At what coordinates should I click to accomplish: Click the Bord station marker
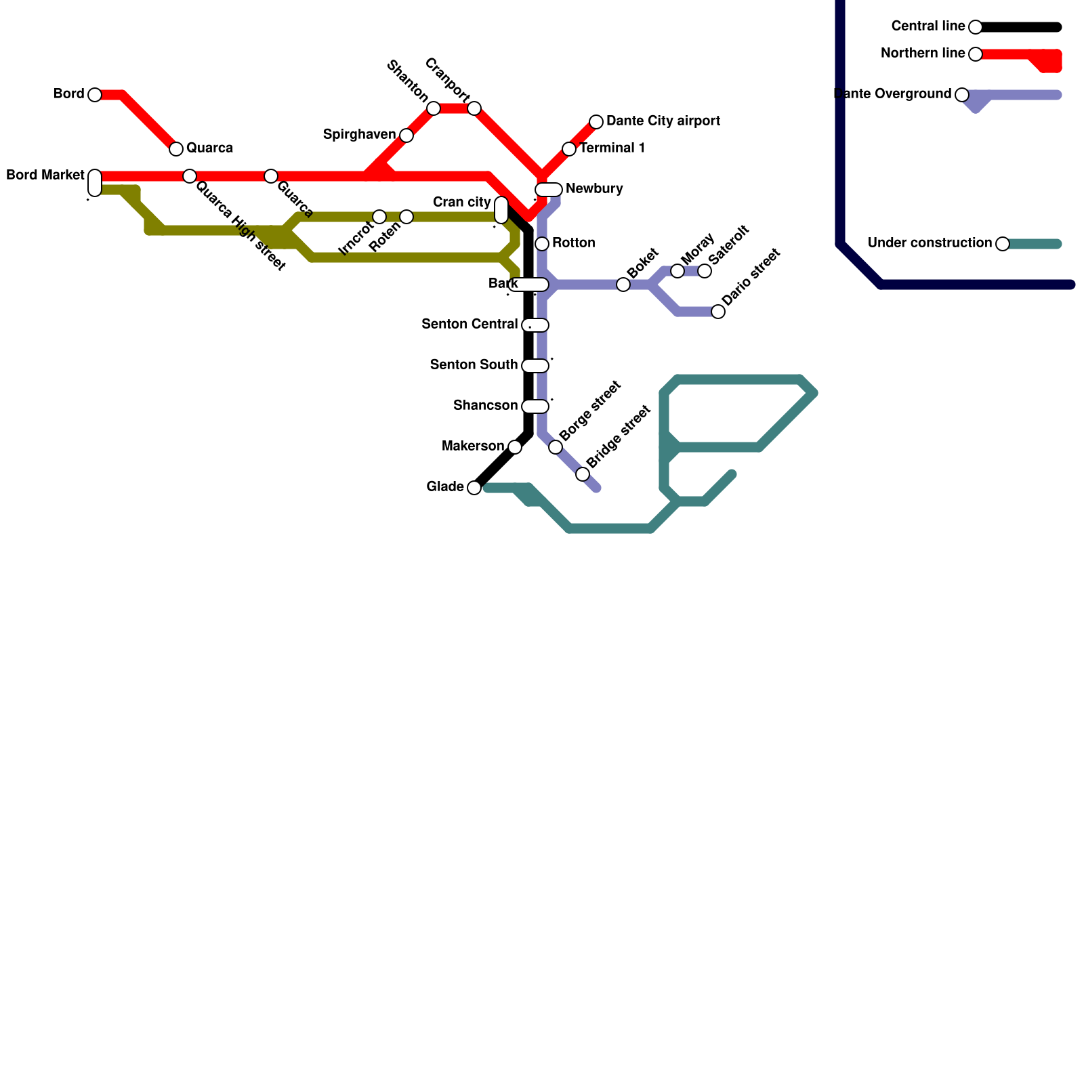[95, 95]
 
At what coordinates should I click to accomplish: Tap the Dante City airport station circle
[596, 122]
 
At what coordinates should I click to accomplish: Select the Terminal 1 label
[612, 148]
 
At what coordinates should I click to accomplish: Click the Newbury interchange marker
[549, 190]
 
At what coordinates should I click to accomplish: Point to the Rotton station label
[573, 243]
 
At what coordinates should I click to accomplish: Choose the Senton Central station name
[470, 325]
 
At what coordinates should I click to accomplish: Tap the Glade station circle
[474, 488]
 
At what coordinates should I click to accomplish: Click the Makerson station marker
[515, 447]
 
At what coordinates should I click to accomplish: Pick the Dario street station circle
[718, 312]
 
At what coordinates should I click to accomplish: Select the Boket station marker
[623, 285]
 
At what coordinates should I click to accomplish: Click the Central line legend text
[928, 26]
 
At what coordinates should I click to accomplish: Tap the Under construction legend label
[930, 243]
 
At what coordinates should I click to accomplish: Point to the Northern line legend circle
[976, 54]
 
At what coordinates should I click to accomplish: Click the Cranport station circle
[474, 108]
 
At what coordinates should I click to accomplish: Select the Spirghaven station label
[359, 135]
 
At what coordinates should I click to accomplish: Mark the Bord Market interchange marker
[95, 183]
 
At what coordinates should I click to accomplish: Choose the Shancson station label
[485, 406]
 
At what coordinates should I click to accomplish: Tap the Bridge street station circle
[583, 474]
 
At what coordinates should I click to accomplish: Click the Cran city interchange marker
[501, 210]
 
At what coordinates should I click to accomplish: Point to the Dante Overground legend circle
[962, 95]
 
